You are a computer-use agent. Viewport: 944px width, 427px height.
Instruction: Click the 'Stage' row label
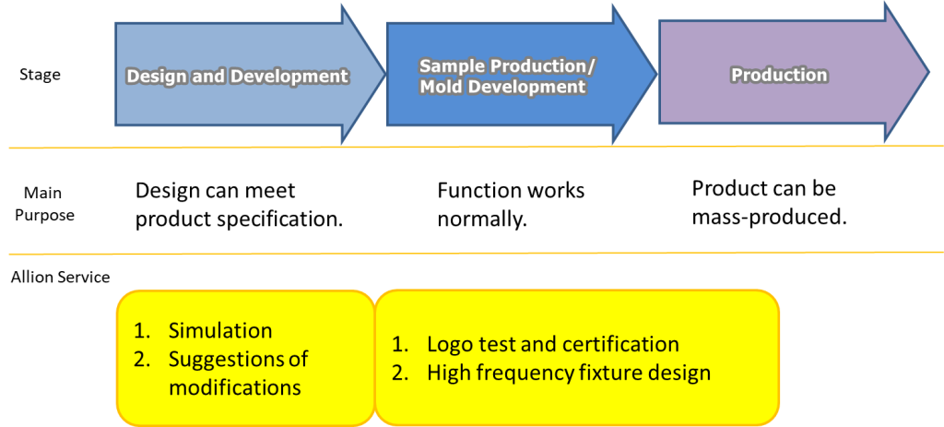click(40, 75)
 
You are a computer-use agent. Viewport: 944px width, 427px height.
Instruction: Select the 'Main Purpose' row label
click(44, 204)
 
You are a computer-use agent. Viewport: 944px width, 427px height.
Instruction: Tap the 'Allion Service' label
click(60, 277)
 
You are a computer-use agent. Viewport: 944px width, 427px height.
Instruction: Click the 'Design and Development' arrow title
click(238, 77)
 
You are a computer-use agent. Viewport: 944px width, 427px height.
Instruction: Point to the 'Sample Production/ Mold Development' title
click(508, 77)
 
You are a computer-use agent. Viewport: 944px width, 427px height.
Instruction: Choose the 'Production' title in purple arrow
click(779, 75)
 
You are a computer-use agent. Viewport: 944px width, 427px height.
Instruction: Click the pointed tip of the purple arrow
click(929, 72)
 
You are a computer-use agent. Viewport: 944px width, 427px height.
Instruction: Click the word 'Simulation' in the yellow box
click(220, 331)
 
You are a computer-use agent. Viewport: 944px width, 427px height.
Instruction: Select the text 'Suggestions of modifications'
click(239, 374)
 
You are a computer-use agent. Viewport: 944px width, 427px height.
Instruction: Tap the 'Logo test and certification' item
click(553, 345)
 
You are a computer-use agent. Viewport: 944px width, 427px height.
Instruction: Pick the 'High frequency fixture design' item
click(569, 374)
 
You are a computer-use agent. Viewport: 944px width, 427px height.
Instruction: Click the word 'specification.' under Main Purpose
click(280, 219)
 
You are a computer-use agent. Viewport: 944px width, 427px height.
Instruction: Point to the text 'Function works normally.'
click(511, 205)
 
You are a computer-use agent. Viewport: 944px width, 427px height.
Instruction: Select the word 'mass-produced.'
click(770, 217)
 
